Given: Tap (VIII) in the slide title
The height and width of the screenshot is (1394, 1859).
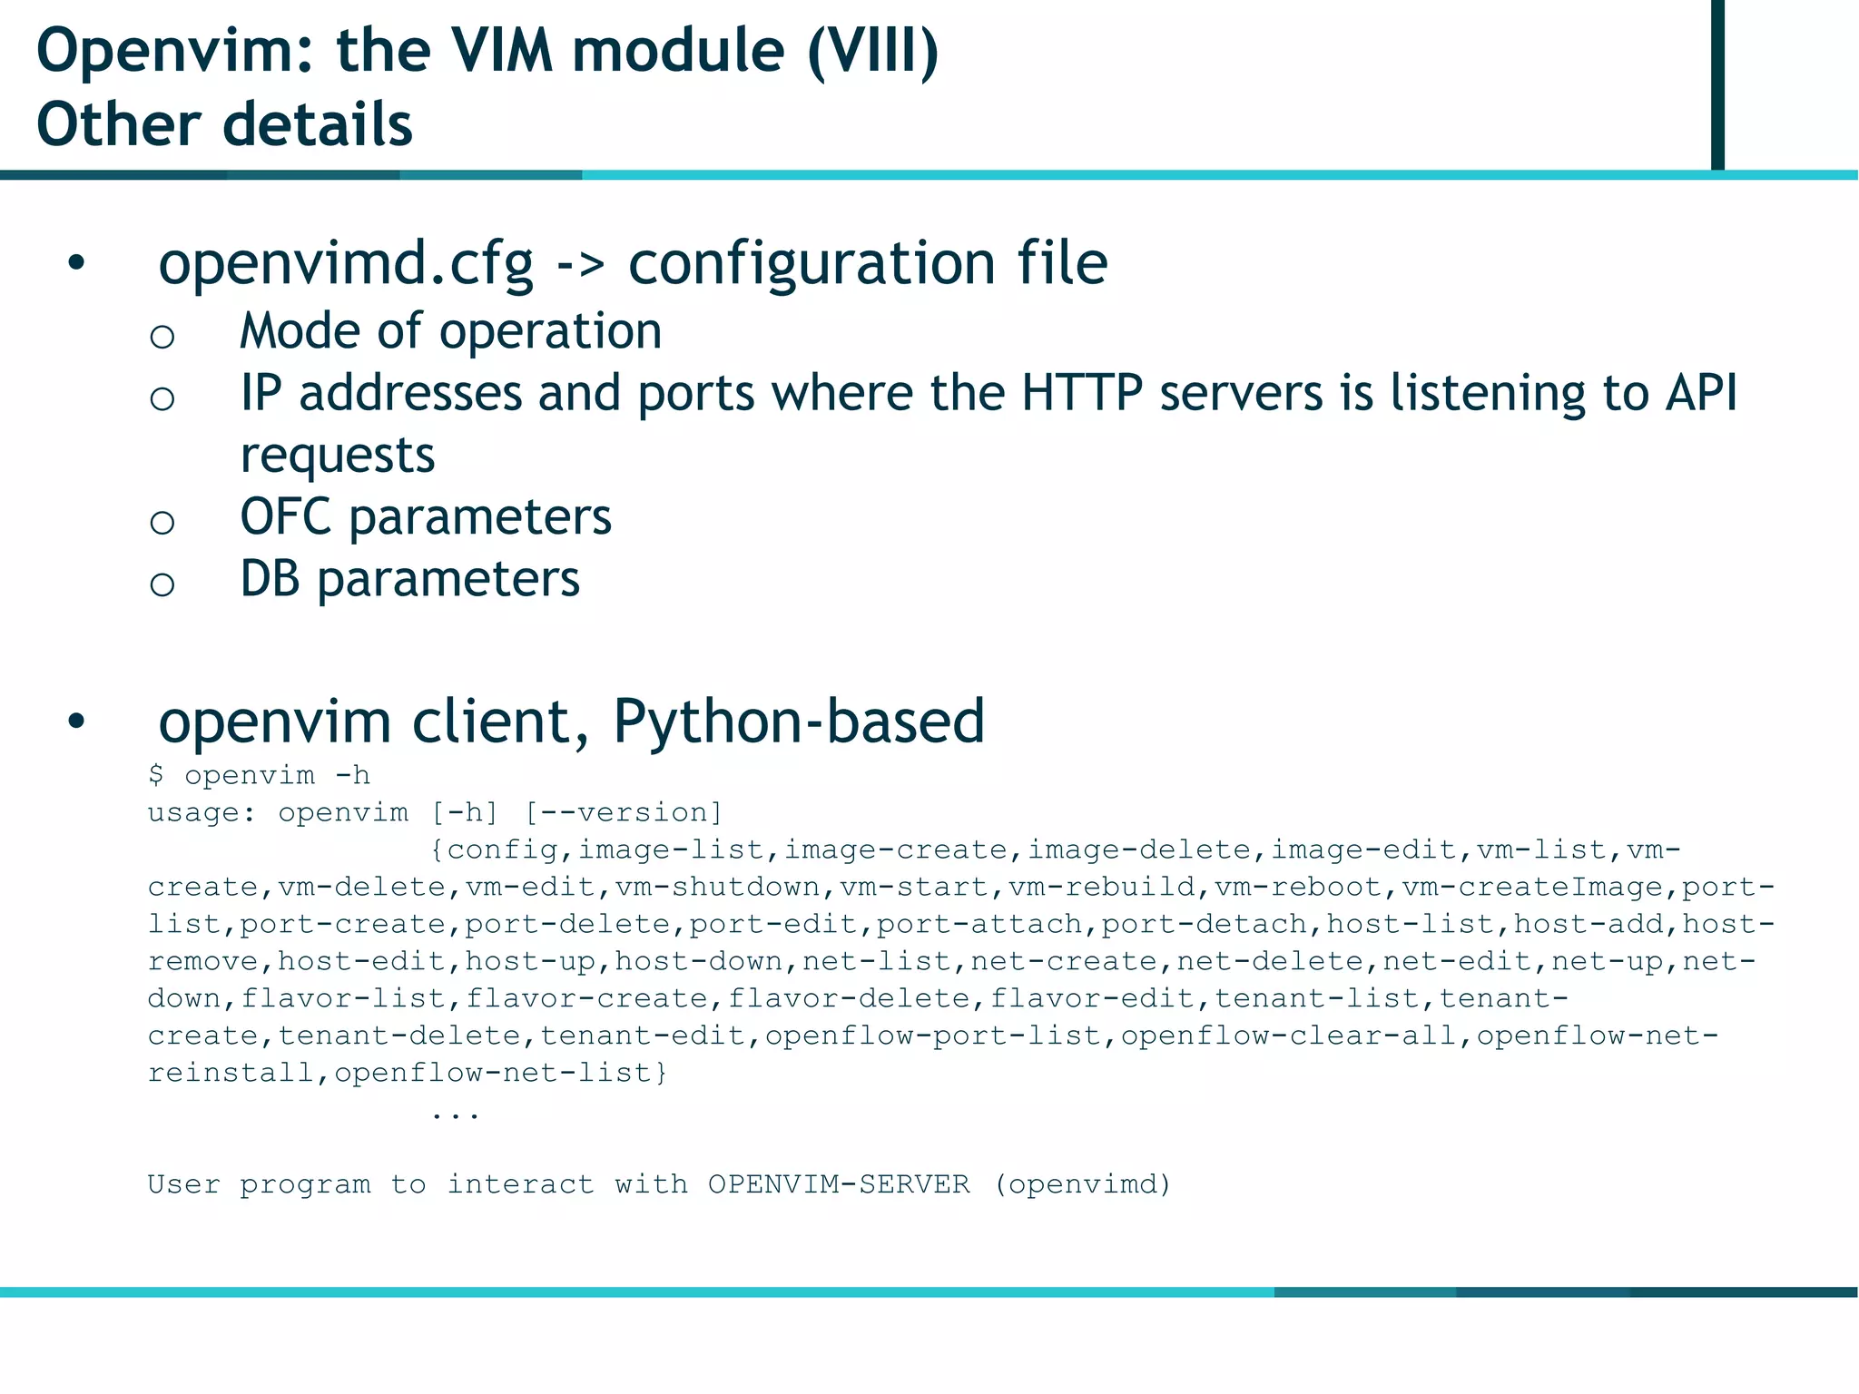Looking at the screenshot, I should tap(872, 51).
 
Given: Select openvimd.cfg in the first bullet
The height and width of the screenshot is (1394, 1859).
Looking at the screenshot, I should tap(345, 264).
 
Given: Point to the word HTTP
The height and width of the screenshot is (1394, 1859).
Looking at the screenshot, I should tap(1081, 393).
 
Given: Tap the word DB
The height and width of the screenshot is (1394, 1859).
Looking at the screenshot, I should tap(270, 579).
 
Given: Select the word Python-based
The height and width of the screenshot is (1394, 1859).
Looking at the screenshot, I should tap(799, 722).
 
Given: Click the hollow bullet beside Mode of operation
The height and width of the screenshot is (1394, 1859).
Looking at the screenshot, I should tap(162, 338).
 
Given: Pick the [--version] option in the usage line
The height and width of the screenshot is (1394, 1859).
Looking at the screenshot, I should tap(624, 812).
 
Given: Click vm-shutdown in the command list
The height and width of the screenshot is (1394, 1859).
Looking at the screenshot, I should tap(717, 887).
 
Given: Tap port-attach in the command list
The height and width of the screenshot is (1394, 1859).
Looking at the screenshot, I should tap(979, 924).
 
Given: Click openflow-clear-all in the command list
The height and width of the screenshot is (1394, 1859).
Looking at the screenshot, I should tap(1288, 1036).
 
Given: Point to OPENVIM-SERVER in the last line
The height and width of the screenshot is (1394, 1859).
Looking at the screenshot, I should tap(839, 1184).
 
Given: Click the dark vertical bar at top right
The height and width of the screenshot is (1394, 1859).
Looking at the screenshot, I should tap(1717, 83).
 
